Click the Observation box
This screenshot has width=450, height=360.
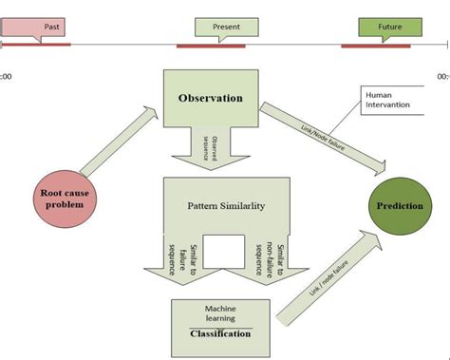coord(210,98)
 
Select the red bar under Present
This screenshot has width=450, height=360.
coord(211,45)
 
